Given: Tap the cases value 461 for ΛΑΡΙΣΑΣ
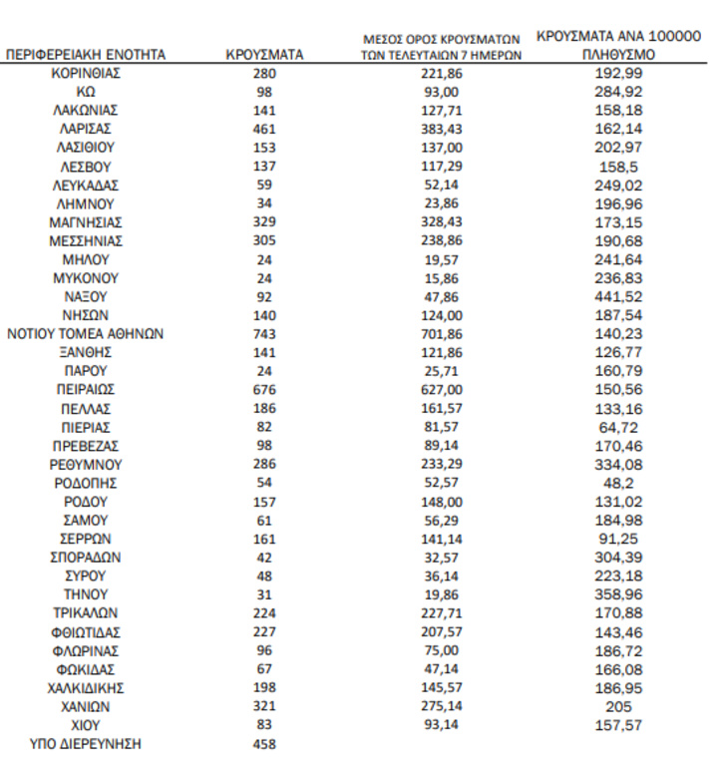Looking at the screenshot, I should tap(264, 129).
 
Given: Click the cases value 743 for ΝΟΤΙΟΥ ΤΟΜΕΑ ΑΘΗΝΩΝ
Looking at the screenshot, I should tap(264, 334).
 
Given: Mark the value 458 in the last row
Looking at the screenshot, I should tap(264, 743).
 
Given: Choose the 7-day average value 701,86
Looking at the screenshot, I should tap(442, 334).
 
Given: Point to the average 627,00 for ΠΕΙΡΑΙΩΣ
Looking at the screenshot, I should tap(442, 390).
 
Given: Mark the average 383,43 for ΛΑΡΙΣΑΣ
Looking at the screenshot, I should tap(442, 129).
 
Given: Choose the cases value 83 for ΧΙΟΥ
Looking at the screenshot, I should tap(264, 724).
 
